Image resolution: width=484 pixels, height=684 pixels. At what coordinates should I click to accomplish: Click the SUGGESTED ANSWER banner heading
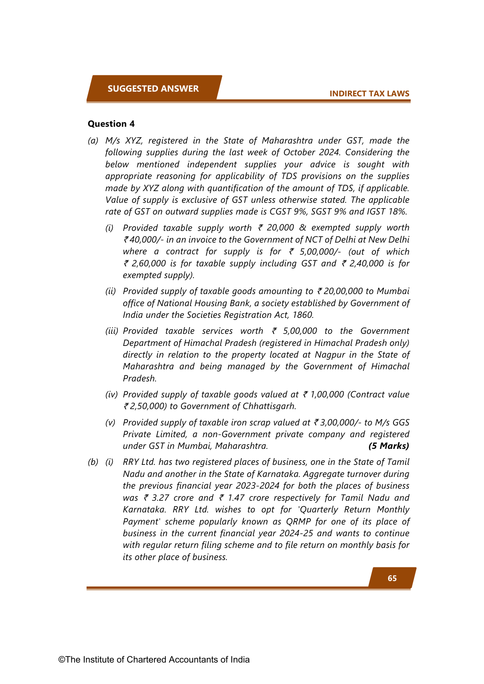(x=153, y=89)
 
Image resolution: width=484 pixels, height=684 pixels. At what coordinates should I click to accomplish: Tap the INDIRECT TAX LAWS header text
(x=369, y=94)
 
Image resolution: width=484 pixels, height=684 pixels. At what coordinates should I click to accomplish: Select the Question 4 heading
(x=111, y=124)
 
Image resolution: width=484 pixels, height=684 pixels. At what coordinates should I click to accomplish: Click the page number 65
(x=392, y=578)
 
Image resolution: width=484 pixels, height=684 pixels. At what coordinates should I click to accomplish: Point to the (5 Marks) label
(x=388, y=446)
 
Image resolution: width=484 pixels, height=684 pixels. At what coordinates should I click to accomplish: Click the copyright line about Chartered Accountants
(x=154, y=659)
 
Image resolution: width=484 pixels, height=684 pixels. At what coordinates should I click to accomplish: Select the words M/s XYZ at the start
(x=120, y=140)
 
